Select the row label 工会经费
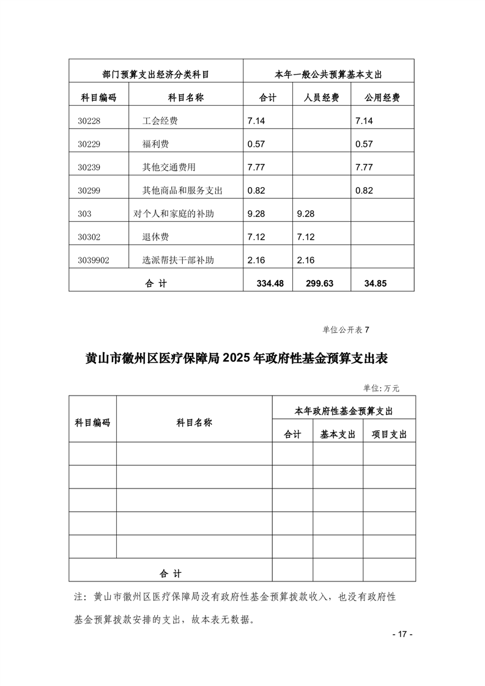[160, 121]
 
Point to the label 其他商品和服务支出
[182, 190]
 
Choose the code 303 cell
[85, 213]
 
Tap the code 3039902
[94, 260]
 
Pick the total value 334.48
[261, 283]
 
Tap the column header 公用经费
[382, 97]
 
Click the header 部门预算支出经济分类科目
[156, 74]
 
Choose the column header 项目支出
[389, 434]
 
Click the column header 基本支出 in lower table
[338, 434]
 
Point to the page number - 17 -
[402, 633]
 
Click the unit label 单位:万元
[382, 387]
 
